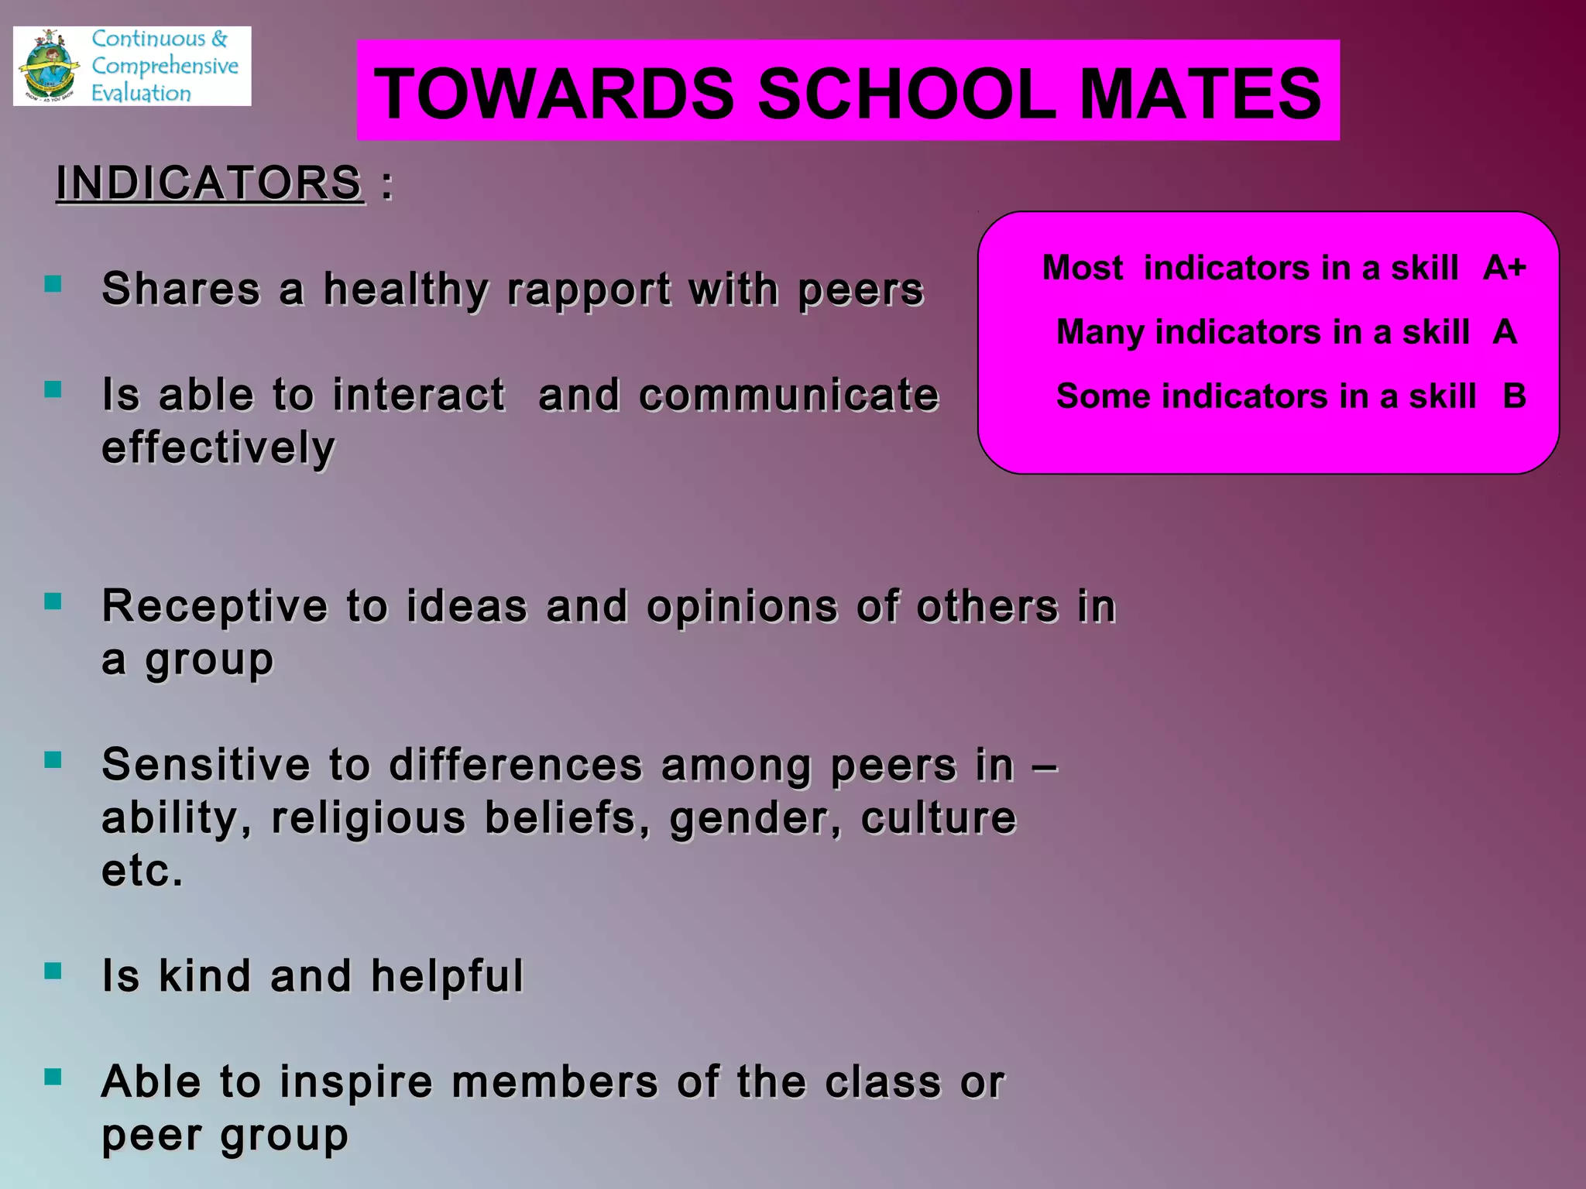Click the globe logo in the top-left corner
coord(50,67)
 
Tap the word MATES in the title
coord(1200,94)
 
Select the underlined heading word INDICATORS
coord(209,183)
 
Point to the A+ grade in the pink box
coord(1504,268)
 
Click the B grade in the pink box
coord(1514,396)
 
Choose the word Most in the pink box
coord(1082,268)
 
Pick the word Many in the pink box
coord(1100,332)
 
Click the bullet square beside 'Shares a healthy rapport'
coord(53,284)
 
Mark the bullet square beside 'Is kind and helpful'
coord(53,971)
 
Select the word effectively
coord(218,447)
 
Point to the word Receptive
coord(215,606)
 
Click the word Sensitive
coord(206,765)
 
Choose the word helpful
coord(447,975)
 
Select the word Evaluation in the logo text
coord(141,94)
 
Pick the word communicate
coord(788,396)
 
